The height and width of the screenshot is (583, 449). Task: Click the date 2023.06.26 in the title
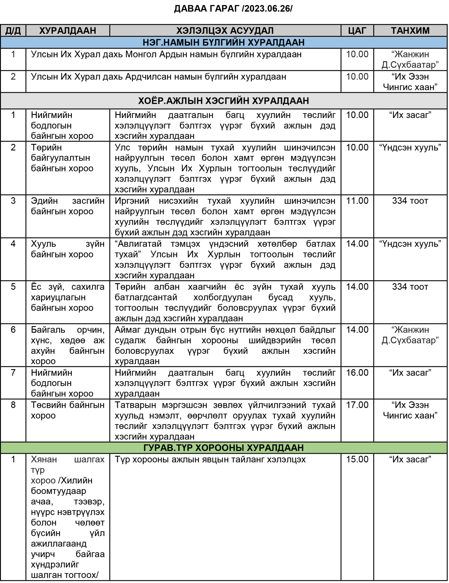267,9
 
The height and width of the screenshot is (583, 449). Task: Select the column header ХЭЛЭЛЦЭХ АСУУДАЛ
225,31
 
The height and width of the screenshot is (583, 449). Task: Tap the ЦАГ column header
357,31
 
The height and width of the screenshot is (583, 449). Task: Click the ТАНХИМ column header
410,31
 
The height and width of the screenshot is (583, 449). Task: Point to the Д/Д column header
13,31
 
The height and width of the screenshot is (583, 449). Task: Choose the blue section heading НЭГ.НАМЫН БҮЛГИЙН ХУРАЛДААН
224,42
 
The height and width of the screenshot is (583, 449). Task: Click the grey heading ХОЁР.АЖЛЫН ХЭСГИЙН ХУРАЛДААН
224,101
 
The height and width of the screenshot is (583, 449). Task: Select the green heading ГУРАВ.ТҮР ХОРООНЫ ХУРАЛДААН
224,448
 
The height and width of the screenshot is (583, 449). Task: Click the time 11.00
357,201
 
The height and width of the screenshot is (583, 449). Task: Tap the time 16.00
357,373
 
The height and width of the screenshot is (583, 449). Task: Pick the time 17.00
357,405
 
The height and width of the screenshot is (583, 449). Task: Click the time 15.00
357,459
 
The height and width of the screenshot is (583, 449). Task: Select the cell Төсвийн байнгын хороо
67,410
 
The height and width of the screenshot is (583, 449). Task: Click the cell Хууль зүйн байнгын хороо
67,249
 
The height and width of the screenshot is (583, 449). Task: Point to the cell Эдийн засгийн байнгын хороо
67,206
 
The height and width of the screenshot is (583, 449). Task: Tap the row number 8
13,405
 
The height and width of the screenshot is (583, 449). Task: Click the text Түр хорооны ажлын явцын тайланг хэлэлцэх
210,459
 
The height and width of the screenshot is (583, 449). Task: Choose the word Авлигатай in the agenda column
138,244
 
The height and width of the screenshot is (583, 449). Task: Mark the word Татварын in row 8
135,405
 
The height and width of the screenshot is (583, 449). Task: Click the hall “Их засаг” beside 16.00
410,373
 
